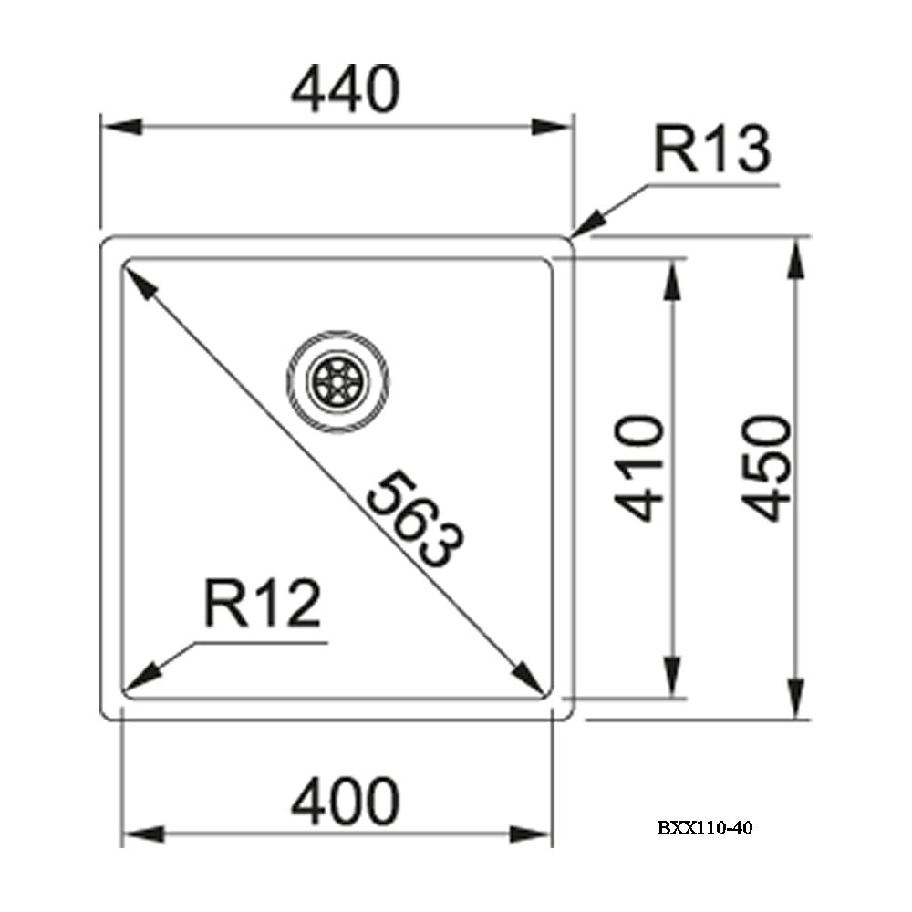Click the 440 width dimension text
[346, 89]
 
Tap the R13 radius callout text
[712, 149]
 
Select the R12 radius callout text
[263, 603]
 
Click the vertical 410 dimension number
[638, 468]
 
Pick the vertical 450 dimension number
[768, 468]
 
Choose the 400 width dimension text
[346, 802]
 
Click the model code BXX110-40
[705, 828]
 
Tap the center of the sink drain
[338, 381]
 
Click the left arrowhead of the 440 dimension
[121, 126]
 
